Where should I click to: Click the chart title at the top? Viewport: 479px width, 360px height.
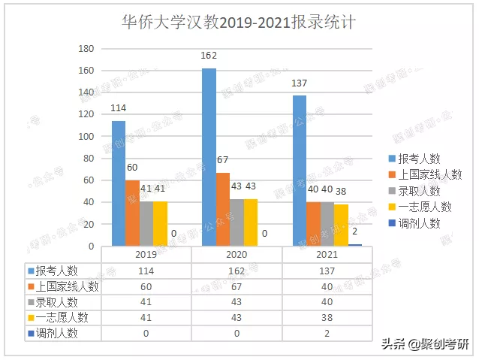[239, 22]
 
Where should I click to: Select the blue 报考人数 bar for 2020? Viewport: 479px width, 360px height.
[209, 157]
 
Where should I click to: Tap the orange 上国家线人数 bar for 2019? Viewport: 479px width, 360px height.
[132, 213]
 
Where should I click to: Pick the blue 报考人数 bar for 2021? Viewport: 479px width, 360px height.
[300, 171]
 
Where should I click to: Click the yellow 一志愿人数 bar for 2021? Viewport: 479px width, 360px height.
[341, 225]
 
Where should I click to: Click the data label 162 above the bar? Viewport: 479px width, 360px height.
[209, 56]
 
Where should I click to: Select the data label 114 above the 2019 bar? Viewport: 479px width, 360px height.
[119, 108]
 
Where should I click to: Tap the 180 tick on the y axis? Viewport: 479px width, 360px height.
[86, 49]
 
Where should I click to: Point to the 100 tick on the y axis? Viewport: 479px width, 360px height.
[86, 137]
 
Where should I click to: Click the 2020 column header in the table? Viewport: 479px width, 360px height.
[236, 255]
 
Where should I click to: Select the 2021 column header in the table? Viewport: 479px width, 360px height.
[327, 255]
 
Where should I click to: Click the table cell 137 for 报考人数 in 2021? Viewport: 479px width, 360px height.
[327, 271]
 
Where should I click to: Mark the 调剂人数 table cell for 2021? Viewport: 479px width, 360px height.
[327, 334]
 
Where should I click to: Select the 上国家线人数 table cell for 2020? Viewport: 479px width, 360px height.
[236, 286]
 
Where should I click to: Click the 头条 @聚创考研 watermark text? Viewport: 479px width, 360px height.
[424, 344]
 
